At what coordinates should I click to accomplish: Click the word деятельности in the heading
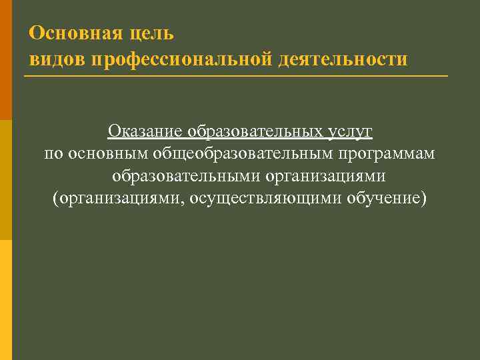(x=343, y=59)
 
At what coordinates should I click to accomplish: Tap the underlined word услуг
(x=349, y=131)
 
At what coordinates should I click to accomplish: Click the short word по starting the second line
(x=54, y=154)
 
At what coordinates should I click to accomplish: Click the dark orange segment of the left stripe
(x=6, y=60)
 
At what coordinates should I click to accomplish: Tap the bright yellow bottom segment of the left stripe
(x=6, y=300)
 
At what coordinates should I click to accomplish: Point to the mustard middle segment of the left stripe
(x=6, y=180)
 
